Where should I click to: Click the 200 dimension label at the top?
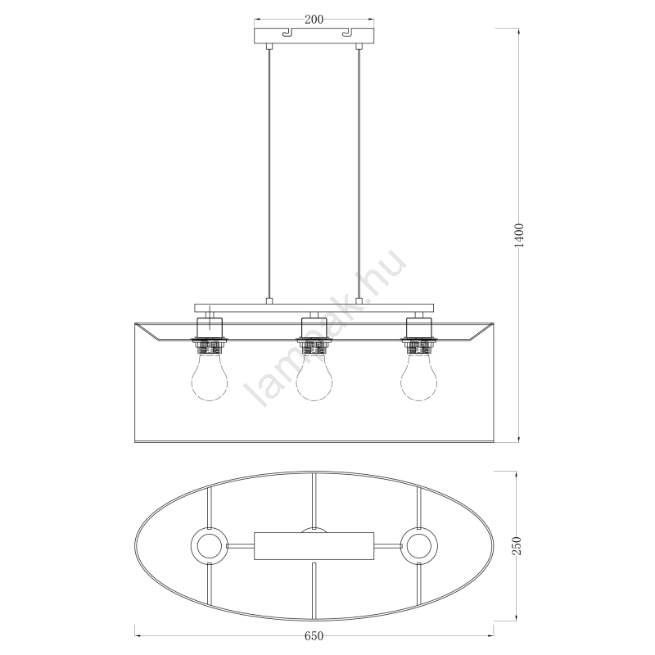(x=314, y=19)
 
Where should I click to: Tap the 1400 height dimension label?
(x=519, y=235)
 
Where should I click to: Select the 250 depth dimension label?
(x=517, y=545)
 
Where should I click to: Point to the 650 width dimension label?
(x=314, y=636)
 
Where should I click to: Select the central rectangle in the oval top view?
(x=314, y=546)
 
